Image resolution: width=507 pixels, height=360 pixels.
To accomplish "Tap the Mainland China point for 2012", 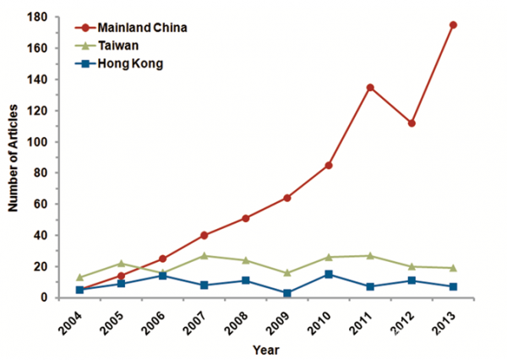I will pos(423,123).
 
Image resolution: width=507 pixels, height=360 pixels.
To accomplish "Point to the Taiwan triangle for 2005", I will pos(121,263).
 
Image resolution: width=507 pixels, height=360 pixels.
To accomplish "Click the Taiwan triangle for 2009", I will pos(287,273).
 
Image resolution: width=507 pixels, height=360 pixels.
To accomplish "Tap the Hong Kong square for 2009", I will pos(287,292).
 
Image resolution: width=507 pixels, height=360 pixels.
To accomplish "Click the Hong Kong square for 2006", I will pos(162,275).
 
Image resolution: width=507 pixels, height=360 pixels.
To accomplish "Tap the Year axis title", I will pos(267,348).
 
